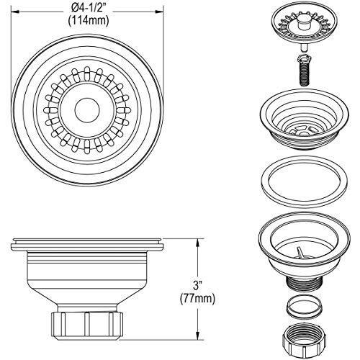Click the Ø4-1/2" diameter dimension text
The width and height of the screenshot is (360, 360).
click(x=88, y=10)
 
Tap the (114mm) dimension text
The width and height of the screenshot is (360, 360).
click(x=89, y=21)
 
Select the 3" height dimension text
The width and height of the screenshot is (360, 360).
click(x=197, y=287)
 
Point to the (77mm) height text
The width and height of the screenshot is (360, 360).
click(x=197, y=299)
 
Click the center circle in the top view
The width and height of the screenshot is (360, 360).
click(x=87, y=110)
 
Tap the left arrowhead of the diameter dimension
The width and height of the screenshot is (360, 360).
click(x=16, y=11)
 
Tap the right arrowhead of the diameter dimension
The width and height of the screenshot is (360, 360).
click(x=159, y=11)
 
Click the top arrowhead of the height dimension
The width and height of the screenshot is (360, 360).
click(x=197, y=243)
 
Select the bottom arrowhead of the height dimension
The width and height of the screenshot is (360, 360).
click(x=197, y=336)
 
